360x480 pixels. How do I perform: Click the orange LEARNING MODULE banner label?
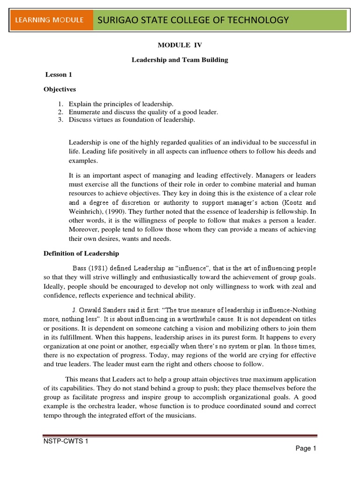click(x=50, y=20)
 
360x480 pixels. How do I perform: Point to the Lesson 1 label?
click(x=59, y=75)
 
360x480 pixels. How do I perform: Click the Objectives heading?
click(x=60, y=89)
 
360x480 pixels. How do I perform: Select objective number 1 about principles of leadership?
click(x=121, y=104)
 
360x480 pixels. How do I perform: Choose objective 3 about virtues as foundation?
click(x=132, y=120)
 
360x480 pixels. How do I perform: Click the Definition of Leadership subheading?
click(x=81, y=254)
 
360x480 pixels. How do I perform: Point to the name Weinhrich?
click(x=86, y=211)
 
